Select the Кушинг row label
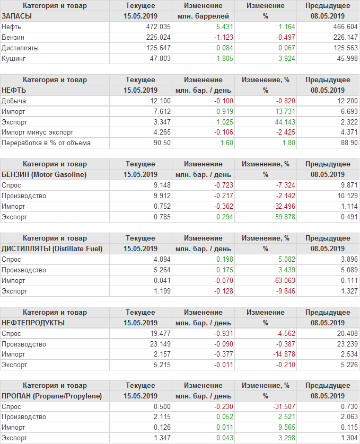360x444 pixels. click(x=14, y=58)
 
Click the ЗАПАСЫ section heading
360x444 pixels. click(x=17, y=16)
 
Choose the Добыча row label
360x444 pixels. click(x=14, y=101)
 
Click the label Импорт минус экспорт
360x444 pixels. click(x=38, y=132)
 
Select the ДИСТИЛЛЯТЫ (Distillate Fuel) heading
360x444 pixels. click(x=52, y=248)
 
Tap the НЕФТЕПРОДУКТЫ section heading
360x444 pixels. click(x=33, y=323)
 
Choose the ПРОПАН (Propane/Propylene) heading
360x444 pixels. click(x=51, y=396)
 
